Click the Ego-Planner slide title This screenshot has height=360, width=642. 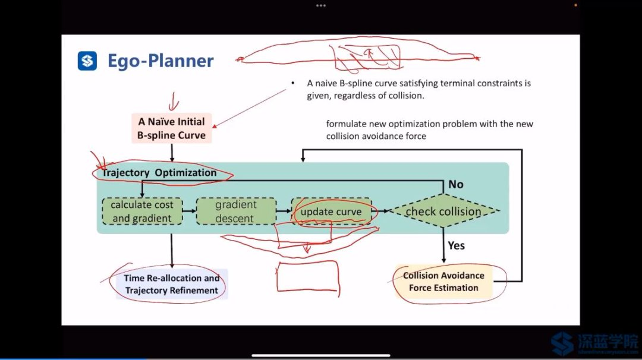click(x=160, y=61)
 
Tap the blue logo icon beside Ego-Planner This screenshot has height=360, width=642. click(x=87, y=61)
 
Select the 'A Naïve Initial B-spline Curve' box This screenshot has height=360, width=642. click(x=172, y=128)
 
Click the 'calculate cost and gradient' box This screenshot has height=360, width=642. click(x=142, y=211)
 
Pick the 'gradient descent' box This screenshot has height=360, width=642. click(x=236, y=211)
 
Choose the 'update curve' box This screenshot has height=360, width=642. click(x=331, y=211)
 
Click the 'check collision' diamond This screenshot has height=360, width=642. click(x=443, y=211)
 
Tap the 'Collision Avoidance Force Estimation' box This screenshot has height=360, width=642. click(x=443, y=282)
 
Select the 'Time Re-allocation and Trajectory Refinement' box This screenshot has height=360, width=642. click(x=172, y=284)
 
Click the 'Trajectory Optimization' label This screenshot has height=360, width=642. click(x=160, y=173)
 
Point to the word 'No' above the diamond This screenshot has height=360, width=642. click(x=456, y=184)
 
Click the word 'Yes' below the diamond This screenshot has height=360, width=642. click(x=457, y=245)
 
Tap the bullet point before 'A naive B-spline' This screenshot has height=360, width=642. click(x=293, y=84)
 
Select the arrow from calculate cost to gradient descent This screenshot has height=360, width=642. click(x=189, y=210)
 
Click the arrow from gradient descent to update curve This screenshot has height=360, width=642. click(x=284, y=210)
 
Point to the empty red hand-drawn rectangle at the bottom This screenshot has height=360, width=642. click(x=307, y=276)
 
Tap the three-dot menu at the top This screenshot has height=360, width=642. click(x=321, y=5)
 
